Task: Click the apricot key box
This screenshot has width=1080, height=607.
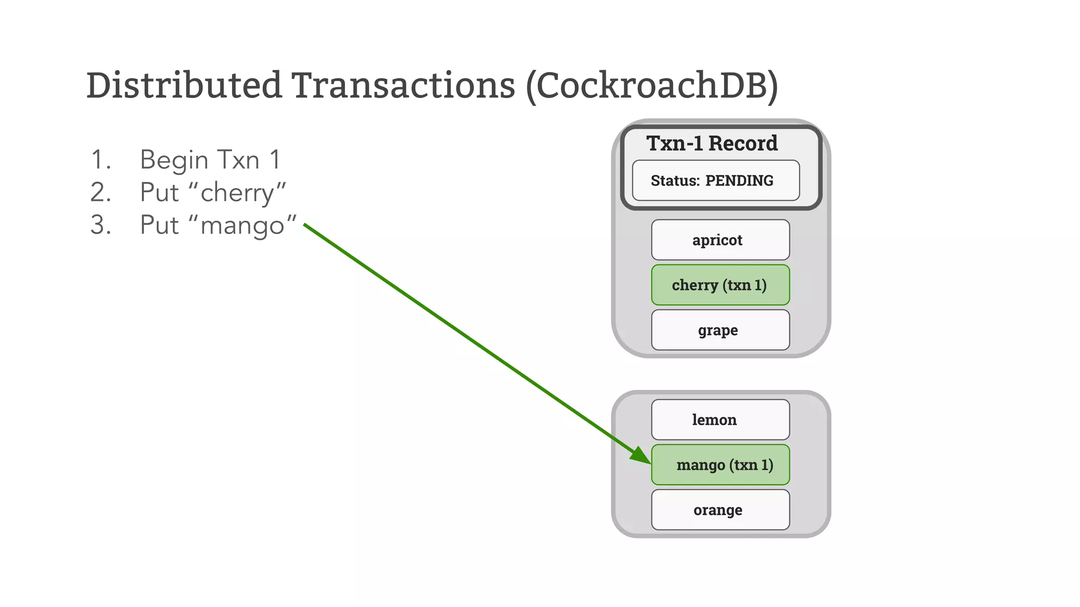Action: click(x=720, y=240)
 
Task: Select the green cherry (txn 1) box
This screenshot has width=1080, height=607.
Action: click(x=720, y=285)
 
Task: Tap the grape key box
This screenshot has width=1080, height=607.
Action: click(x=720, y=330)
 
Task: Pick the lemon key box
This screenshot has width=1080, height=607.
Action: click(x=720, y=420)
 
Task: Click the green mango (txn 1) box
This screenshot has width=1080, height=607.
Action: click(x=720, y=465)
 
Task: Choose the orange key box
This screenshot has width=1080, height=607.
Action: click(x=720, y=510)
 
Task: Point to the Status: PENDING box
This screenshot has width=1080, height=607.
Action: click(x=716, y=181)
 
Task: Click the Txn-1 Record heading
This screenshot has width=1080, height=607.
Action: click(x=712, y=143)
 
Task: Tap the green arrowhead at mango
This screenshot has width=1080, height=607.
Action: click(x=641, y=455)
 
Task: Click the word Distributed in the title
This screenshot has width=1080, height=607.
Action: click(x=184, y=85)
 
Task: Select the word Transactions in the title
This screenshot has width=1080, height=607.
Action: click(x=403, y=85)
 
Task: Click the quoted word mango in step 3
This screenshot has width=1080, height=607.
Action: click(x=243, y=226)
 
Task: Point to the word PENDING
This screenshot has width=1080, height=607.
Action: click(x=739, y=181)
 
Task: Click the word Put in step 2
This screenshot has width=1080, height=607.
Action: click(x=159, y=192)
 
